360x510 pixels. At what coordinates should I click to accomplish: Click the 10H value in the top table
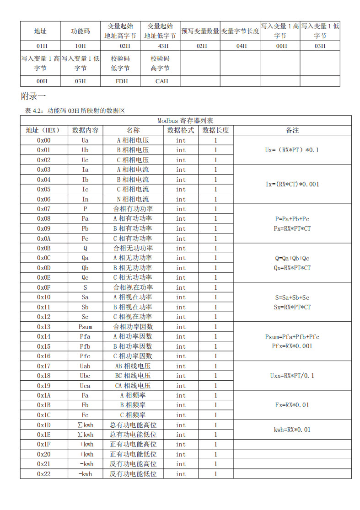click(80, 46)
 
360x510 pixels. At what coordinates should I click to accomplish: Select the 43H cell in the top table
click(160, 46)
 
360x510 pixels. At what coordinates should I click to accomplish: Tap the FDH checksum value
click(121, 81)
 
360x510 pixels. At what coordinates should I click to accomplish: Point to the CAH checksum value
click(161, 81)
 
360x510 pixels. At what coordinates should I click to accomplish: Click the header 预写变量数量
click(200, 32)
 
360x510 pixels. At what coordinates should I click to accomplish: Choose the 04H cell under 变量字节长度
click(240, 46)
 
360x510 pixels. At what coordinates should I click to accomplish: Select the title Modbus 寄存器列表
click(186, 121)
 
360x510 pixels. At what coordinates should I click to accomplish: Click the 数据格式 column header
click(181, 130)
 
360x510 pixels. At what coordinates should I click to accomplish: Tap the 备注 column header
click(292, 130)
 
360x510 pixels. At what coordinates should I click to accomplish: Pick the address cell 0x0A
click(44, 239)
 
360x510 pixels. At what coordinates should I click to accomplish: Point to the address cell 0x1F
click(44, 444)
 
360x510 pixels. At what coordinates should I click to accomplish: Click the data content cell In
click(85, 199)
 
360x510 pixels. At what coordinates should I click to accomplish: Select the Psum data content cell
click(85, 327)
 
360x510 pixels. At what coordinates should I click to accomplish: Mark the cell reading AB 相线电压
click(133, 366)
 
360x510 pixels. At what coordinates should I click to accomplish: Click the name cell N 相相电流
click(133, 199)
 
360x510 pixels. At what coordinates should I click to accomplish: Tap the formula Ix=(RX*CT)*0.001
click(292, 184)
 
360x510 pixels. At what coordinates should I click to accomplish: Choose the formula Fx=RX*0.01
click(292, 405)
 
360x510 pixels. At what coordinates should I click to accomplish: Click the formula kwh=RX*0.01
click(292, 430)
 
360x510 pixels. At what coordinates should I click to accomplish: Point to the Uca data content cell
click(85, 386)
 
